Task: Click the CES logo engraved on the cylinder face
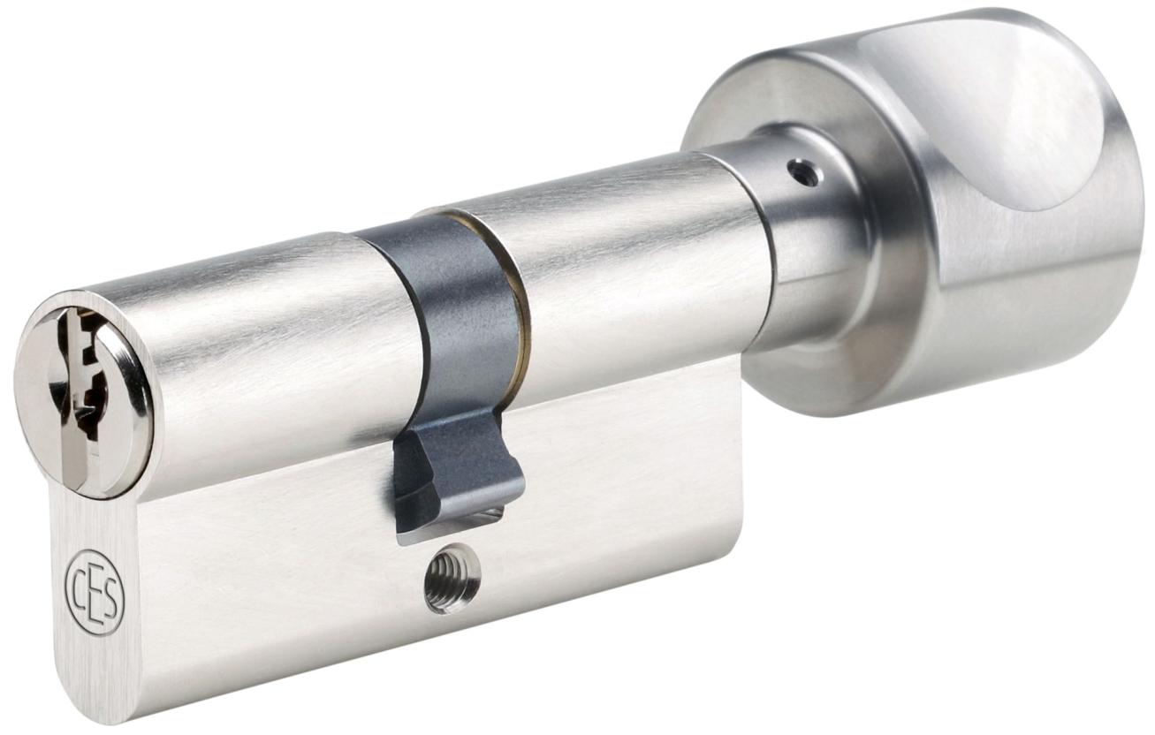pyautogui.click(x=95, y=601)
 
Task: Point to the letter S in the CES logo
pyautogui.click(x=110, y=610)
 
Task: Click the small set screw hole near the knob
pyautogui.click(x=801, y=172)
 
